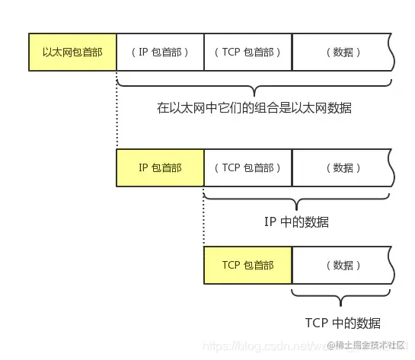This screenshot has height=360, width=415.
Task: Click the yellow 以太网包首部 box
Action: [72, 53]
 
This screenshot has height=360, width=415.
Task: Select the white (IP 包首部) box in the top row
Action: [160, 53]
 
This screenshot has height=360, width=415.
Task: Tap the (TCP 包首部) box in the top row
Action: [247, 53]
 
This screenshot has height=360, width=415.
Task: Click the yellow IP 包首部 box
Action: [160, 167]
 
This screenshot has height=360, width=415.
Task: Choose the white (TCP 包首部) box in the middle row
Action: [247, 167]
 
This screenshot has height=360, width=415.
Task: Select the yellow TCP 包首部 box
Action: [247, 265]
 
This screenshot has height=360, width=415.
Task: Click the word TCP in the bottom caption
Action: [316, 321]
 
